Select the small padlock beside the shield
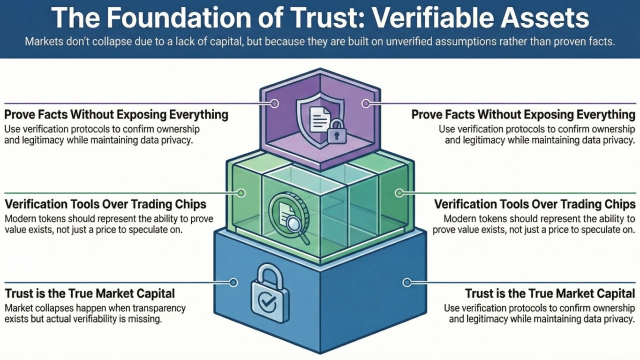pos(336,133)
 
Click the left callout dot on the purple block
pos(274,104)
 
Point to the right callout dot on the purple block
pos(365,104)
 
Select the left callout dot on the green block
pos(241,192)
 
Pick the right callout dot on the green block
pos(398,192)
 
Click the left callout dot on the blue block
pos(233,282)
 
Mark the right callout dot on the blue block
pos(406,282)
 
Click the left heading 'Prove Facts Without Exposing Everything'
pos(116,114)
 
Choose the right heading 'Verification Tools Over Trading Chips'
pos(534,204)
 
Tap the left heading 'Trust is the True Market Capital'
pos(90,293)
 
